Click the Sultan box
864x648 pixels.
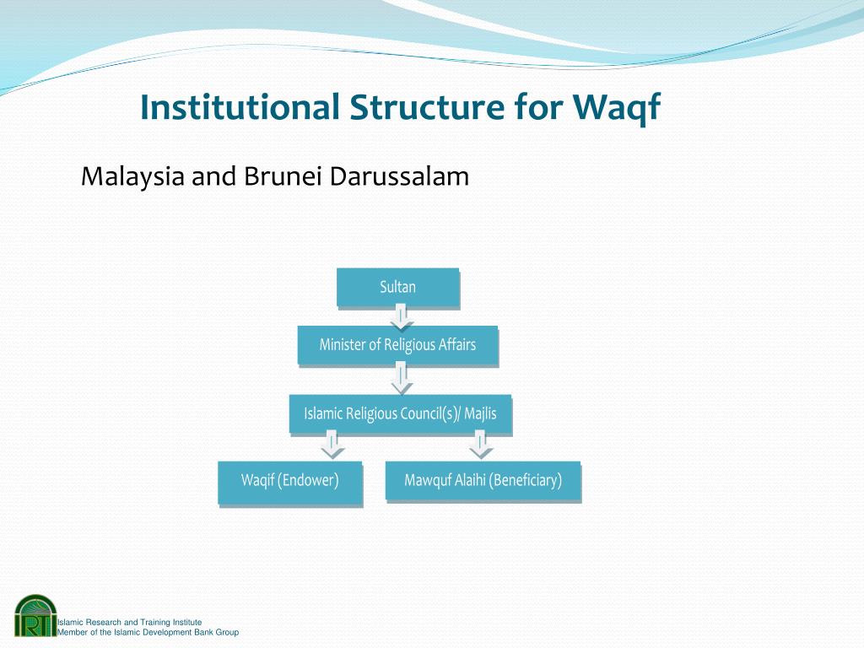(398, 287)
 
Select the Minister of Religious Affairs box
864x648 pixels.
(398, 345)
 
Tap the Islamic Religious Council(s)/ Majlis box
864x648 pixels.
(401, 413)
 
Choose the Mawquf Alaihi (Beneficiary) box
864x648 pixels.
(483, 480)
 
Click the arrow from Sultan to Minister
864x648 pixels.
(402, 317)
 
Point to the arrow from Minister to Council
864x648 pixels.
(402, 380)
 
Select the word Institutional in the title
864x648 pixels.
(240, 107)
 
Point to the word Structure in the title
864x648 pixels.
(426, 107)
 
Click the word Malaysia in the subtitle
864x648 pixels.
(132, 177)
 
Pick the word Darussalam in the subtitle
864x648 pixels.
(399, 176)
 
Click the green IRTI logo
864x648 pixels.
(35, 615)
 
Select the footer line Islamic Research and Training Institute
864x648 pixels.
(129, 622)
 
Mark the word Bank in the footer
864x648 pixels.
(203, 632)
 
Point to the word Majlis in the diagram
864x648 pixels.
(480, 413)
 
